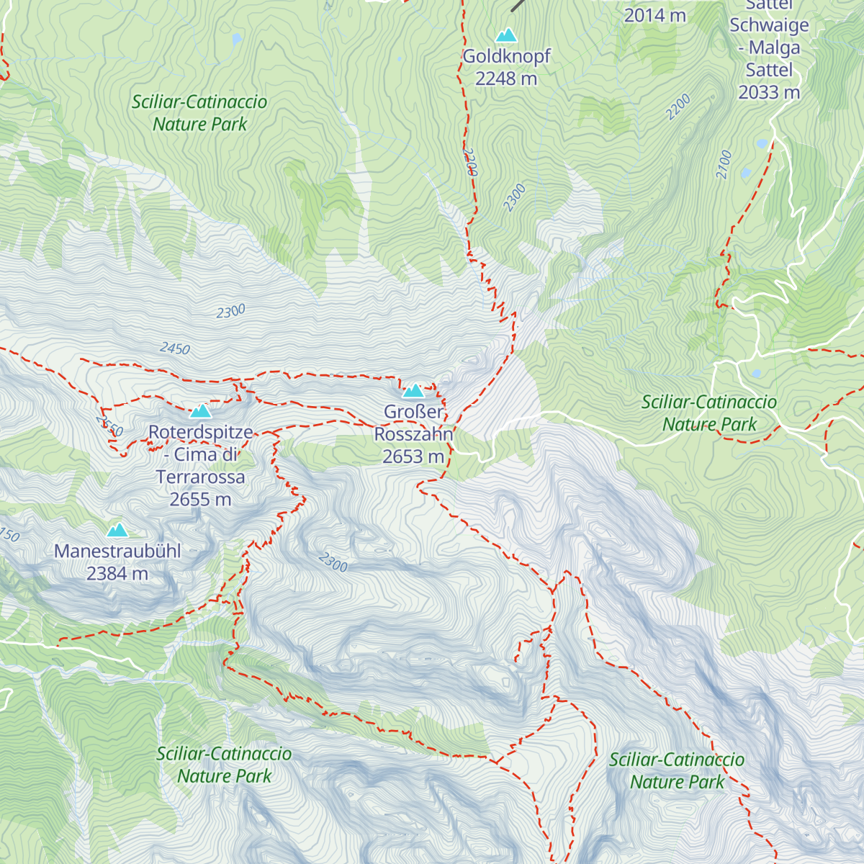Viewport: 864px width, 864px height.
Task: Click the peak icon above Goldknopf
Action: coord(506,35)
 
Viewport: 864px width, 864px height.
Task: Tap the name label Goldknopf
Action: coord(506,56)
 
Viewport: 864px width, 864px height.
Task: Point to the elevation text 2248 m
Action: coord(506,78)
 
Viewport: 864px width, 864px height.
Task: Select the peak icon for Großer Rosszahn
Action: coord(413,391)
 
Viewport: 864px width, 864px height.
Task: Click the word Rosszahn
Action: coord(413,434)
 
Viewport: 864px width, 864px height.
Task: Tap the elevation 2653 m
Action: coord(413,456)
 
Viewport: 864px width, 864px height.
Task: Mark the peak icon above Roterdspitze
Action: coord(200,411)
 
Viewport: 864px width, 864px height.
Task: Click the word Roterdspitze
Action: coord(201,432)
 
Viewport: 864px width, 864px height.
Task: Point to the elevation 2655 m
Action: coord(200,499)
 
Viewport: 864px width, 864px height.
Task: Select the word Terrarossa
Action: coord(200,477)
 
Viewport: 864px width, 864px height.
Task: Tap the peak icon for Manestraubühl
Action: coord(117,531)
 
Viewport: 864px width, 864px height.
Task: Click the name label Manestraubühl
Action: coord(117,551)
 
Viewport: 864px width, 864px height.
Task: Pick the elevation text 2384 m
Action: coord(117,573)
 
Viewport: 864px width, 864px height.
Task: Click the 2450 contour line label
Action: coord(175,348)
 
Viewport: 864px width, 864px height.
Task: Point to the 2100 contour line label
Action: coord(724,164)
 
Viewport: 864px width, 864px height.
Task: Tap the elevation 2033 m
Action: coord(769,92)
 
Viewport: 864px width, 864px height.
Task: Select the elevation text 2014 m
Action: coord(654,15)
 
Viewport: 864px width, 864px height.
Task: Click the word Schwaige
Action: coord(769,25)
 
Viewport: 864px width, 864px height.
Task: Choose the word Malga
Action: coord(774,48)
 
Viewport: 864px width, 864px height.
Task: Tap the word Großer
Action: coord(413,412)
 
